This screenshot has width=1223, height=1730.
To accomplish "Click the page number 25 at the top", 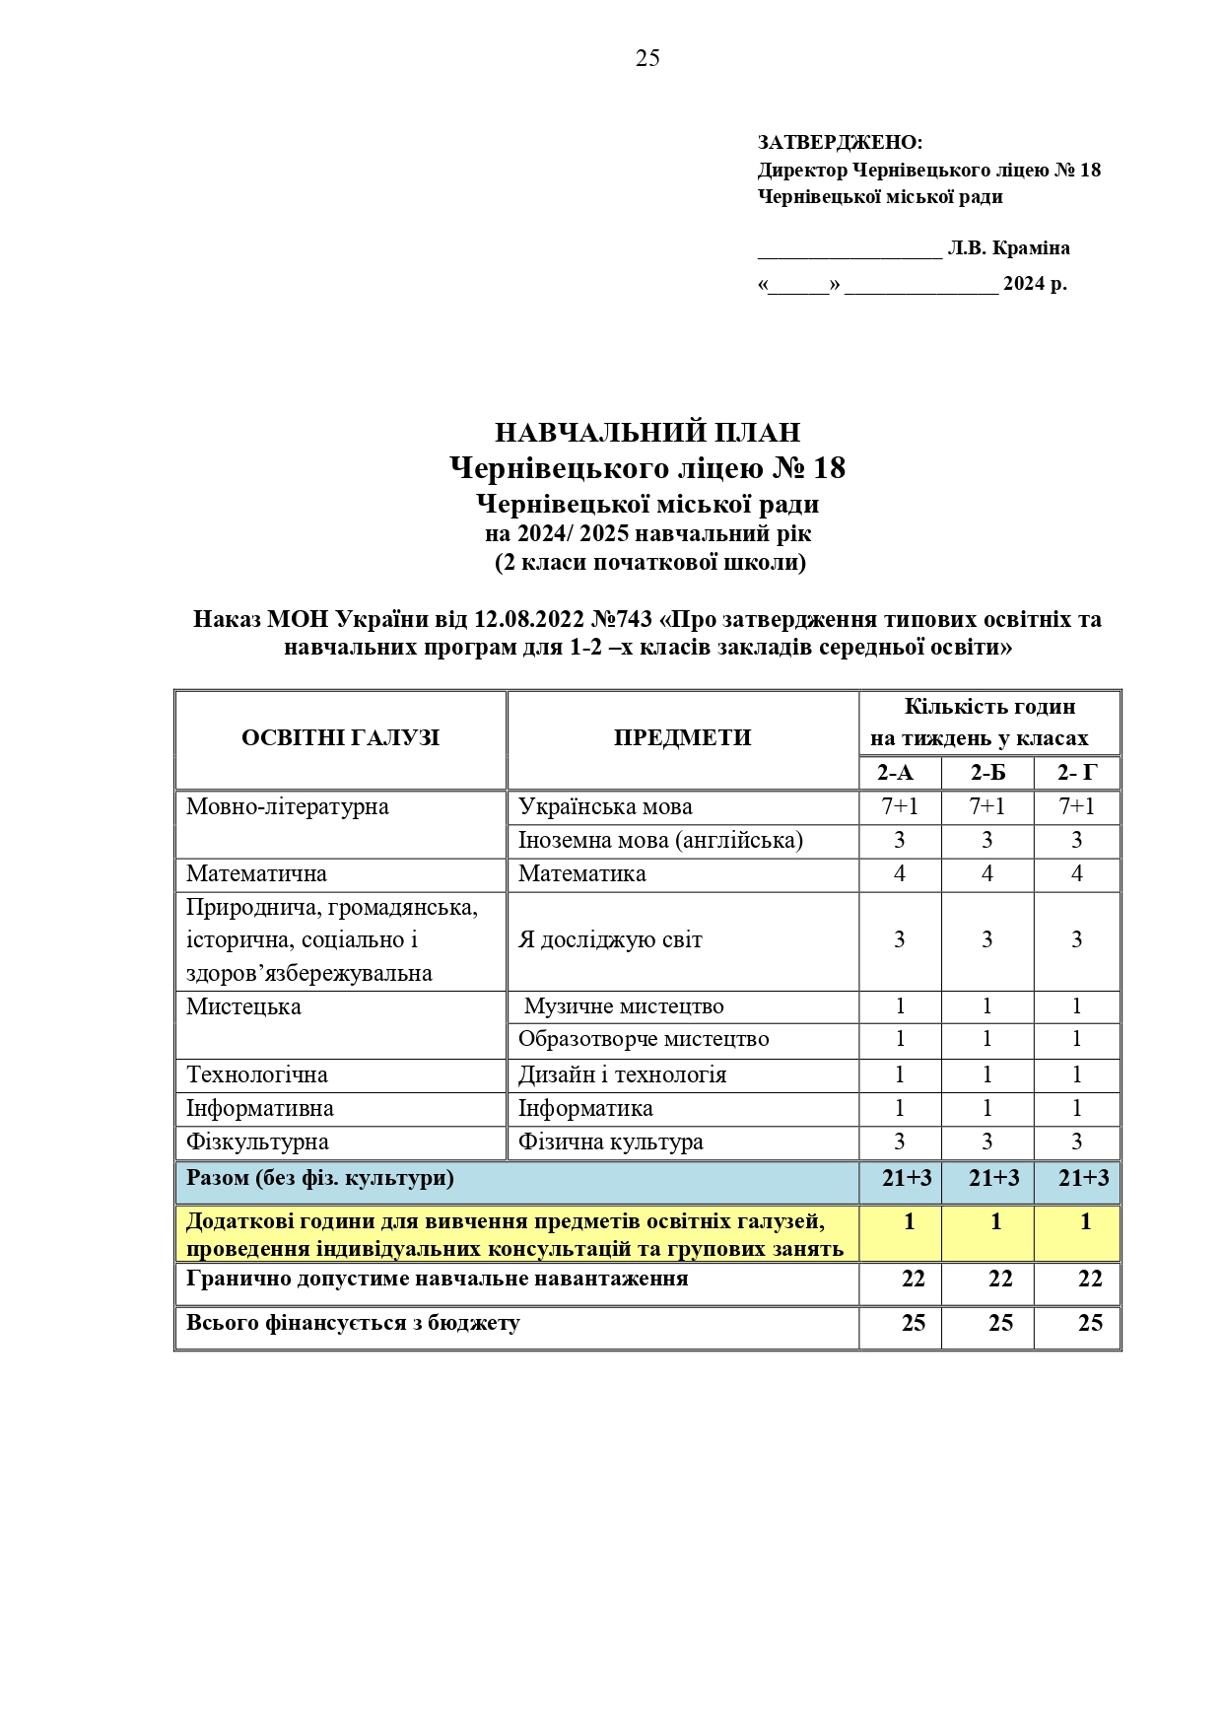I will (x=647, y=58).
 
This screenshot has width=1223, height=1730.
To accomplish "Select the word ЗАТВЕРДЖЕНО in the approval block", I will (x=839, y=143).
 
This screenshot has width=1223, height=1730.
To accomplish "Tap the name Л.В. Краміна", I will (x=1008, y=248).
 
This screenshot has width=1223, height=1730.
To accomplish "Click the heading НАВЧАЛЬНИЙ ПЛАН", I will (x=647, y=432).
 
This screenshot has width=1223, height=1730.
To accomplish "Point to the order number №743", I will (x=621, y=619).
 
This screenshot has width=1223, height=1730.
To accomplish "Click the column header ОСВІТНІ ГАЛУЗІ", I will (x=340, y=738).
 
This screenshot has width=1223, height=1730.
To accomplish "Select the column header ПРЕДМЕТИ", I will (x=682, y=738).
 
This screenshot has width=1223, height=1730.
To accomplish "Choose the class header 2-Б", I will (x=987, y=773).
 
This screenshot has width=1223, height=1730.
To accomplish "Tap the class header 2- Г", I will (x=1076, y=773).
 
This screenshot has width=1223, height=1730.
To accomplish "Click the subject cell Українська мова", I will (x=605, y=807).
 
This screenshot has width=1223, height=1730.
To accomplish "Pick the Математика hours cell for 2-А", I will (x=899, y=874).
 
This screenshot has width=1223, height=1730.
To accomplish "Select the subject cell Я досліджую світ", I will (x=610, y=940).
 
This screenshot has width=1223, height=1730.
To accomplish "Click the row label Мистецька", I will (x=243, y=1007).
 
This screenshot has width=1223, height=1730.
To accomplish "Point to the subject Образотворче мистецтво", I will (x=644, y=1039).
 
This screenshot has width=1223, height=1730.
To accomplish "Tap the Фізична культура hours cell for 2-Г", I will (x=1076, y=1142).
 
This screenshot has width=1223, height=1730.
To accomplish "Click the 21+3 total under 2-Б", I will (x=993, y=1178).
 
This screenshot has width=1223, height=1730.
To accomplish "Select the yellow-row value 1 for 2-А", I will (x=909, y=1222).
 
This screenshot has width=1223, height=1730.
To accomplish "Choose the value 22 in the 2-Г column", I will (x=1089, y=1280).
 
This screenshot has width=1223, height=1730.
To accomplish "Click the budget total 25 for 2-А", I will (x=913, y=1324).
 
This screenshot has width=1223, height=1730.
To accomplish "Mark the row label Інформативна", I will (x=260, y=1109).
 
